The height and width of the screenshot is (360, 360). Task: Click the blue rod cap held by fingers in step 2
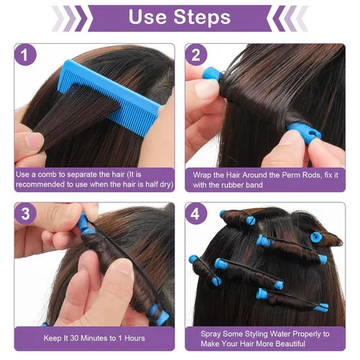pyautogui.click(x=303, y=133)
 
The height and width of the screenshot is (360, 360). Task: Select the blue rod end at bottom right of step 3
pyautogui.click(x=161, y=317)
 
